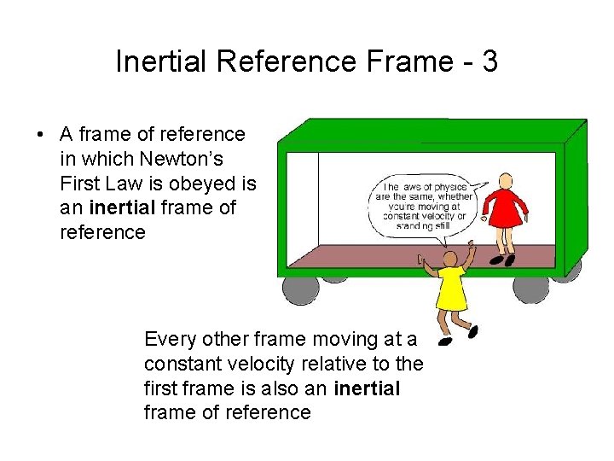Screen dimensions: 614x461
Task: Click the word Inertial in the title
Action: pyautogui.click(x=162, y=61)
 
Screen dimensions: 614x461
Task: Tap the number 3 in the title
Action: pyautogui.click(x=489, y=61)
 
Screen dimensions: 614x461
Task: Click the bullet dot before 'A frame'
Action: pyautogui.click(x=39, y=135)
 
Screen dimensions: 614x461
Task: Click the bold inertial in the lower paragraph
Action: pyautogui.click(x=368, y=388)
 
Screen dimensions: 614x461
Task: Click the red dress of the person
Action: pyautogui.click(x=505, y=210)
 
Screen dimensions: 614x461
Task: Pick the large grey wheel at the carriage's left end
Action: pyautogui.click(x=301, y=289)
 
